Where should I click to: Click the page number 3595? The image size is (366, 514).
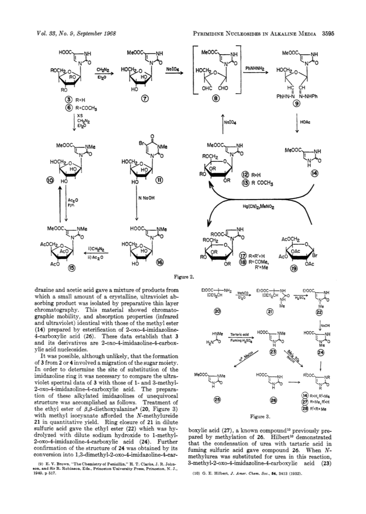pyautogui.click(x=328, y=34)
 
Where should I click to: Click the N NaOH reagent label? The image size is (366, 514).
pyautogui.click(x=147, y=198)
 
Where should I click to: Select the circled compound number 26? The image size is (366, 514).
pyautogui.click(x=273, y=399)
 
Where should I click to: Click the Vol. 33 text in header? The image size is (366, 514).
pyautogui.click(x=42, y=34)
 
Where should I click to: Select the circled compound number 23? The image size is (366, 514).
pyautogui.click(x=273, y=352)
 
